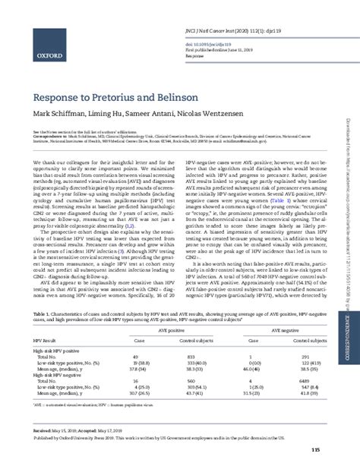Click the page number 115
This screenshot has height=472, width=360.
point(315,451)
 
